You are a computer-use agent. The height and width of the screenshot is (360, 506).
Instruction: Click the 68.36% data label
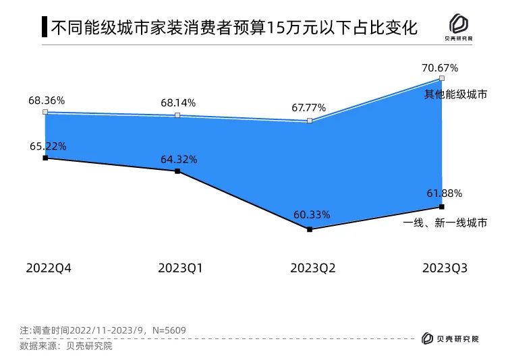coord(47,100)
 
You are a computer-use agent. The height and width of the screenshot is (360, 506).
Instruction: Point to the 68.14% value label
coord(178,103)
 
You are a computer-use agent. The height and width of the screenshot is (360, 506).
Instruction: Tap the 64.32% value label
coord(179,160)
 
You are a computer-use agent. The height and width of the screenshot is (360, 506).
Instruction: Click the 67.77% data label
coord(309,108)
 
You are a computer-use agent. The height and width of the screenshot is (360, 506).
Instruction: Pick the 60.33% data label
coord(312,215)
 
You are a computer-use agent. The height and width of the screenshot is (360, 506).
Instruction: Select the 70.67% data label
coord(440,67)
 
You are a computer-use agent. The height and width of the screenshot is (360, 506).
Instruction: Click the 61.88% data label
coord(444,193)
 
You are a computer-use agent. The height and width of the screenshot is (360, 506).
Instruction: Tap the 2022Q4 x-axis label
coord(49,268)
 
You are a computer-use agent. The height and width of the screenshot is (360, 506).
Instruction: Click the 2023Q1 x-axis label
coord(181,268)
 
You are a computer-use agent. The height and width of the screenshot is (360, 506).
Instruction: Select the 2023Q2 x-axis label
coord(313,268)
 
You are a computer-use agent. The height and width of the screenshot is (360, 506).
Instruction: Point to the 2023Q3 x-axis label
coord(445,268)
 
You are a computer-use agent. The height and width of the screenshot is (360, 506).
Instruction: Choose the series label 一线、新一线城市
coord(445,223)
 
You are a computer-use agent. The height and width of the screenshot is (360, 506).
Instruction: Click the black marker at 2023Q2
coord(310,230)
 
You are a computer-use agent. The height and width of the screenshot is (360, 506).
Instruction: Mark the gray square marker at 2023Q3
coord(442,78)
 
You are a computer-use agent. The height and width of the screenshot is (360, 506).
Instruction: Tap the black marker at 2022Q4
coord(45,158)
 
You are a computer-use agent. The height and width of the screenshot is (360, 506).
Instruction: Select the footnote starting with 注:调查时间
coord(103,330)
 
